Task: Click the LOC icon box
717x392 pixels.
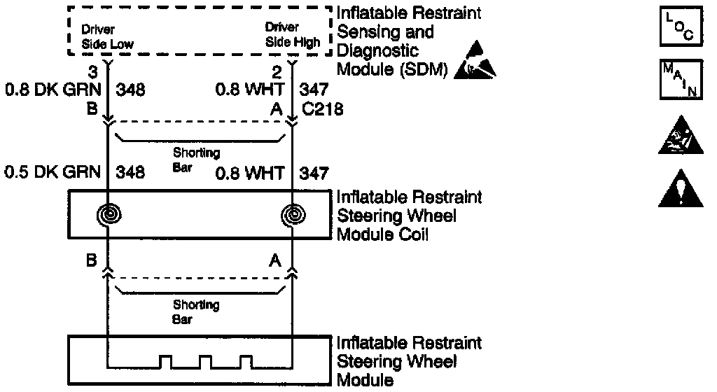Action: [675, 29]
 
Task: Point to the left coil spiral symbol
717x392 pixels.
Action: [108, 215]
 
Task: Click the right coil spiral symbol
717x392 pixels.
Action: [291, 215]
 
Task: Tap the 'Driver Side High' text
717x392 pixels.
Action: [292, 35]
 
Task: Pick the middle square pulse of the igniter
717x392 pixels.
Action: [205, 361]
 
